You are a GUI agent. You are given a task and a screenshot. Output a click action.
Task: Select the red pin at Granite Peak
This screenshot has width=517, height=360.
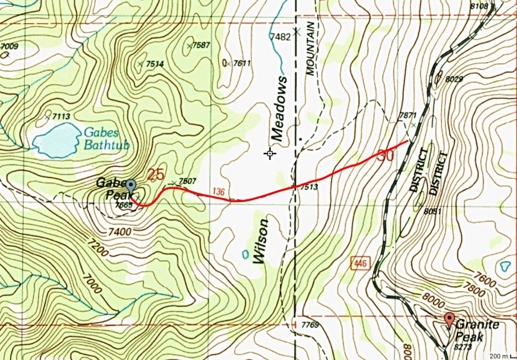449,319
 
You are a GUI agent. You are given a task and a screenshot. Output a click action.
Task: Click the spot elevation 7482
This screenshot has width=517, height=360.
280,37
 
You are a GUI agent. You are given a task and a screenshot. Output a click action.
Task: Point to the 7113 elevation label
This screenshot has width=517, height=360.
60,117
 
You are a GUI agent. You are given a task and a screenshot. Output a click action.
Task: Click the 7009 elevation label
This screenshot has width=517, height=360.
10,47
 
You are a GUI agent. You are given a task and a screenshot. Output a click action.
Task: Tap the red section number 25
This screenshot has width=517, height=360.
156,175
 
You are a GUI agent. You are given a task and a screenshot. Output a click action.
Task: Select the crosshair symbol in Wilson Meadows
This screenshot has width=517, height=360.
270,153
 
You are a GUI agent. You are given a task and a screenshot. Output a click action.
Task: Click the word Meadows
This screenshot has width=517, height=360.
278,109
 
